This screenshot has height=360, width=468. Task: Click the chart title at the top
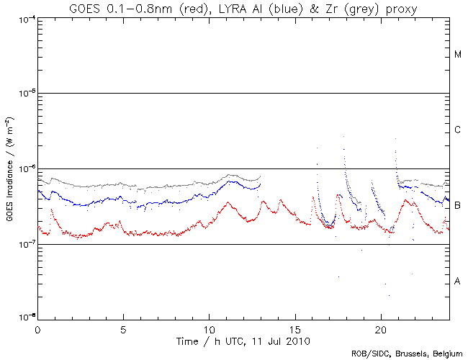click(x=243, y=8)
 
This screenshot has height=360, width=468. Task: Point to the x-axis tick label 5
click(x=123, y=328)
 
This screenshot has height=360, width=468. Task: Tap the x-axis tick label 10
click(x=209, y=328)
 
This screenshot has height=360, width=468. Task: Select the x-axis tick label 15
click(x=294, y=328)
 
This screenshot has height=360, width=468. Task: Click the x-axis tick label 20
click(x=380, y=328)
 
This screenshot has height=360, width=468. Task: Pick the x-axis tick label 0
click(x=37, y=328)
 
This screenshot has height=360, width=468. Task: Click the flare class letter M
click(x=458, y=55)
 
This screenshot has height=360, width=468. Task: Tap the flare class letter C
click(x=458, y=130)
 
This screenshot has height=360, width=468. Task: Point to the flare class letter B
click(x=458, y=206)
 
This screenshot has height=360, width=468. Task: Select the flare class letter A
click(x=458, y=282)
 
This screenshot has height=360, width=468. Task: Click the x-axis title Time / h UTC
click(x=243, y=339)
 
